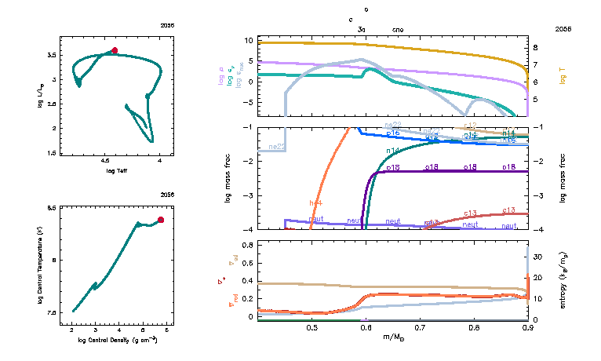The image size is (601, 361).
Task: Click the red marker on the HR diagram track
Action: point(115,50)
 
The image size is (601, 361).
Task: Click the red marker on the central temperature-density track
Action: point(161,220)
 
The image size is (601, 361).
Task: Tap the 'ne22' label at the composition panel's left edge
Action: point(276,147)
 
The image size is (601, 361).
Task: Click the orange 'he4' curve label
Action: point(315,202)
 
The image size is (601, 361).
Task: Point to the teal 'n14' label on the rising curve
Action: point(393,150)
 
